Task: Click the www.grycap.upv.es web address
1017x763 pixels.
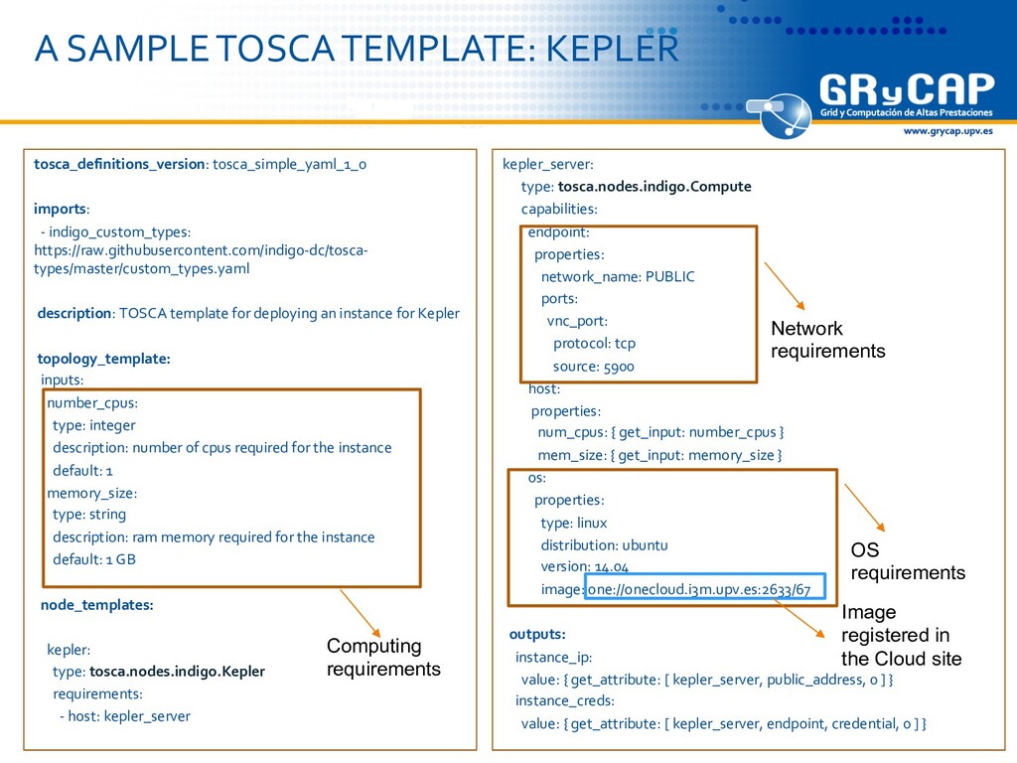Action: tap(946, 131)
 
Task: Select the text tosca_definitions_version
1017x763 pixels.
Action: tap(119, 165)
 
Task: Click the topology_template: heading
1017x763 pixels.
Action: tap(103, 359)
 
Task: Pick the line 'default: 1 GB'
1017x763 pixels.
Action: tap(94, 559)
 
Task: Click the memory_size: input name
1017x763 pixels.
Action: tap(91, 493)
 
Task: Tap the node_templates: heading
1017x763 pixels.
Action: tap(96, 604)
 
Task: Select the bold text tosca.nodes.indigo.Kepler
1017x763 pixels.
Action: tap(177, 672)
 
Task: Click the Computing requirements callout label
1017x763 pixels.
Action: tap(383, 658)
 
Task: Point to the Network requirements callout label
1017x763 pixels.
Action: tap(827, 340)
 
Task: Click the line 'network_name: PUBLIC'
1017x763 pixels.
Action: tap(618, 277)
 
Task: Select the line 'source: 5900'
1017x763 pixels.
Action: tap(594, 367)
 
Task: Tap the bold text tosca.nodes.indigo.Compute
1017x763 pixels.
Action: tap(654, 187)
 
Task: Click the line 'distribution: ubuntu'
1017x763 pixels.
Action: tap(604, 545)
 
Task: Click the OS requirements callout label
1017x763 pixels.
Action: tap(908, 561)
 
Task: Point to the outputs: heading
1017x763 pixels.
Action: tap(537, 634)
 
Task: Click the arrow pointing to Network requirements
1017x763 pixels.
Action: tap(784, 286)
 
